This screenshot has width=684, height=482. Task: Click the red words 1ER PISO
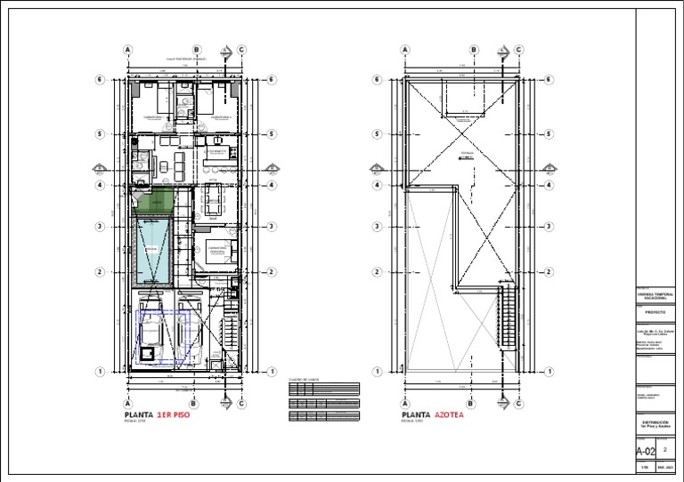point(174,415)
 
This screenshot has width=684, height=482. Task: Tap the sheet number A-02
point(645,451)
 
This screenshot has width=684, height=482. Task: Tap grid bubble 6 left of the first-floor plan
point(100,80)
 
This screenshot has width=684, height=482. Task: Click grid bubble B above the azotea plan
point(474,51)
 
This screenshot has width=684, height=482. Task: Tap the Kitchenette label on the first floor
point(219,153)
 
